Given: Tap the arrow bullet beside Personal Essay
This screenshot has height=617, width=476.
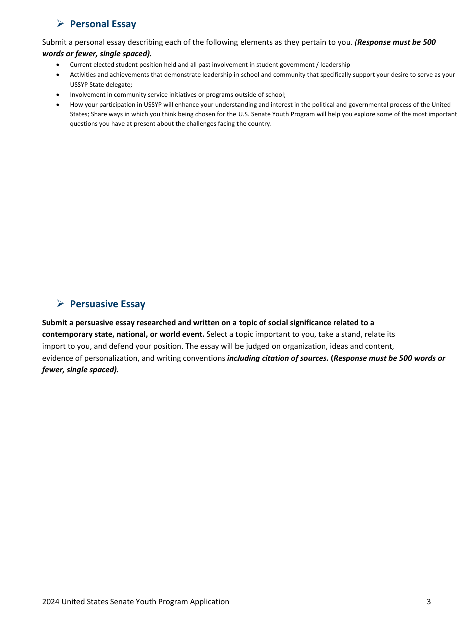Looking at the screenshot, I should tap(60, 23).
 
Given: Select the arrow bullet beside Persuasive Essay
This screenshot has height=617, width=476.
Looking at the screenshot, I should tap(60, 303).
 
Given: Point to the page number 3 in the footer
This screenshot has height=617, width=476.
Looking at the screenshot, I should tap(429, 602).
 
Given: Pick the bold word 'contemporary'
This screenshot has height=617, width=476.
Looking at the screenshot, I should tap(67, 334).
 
